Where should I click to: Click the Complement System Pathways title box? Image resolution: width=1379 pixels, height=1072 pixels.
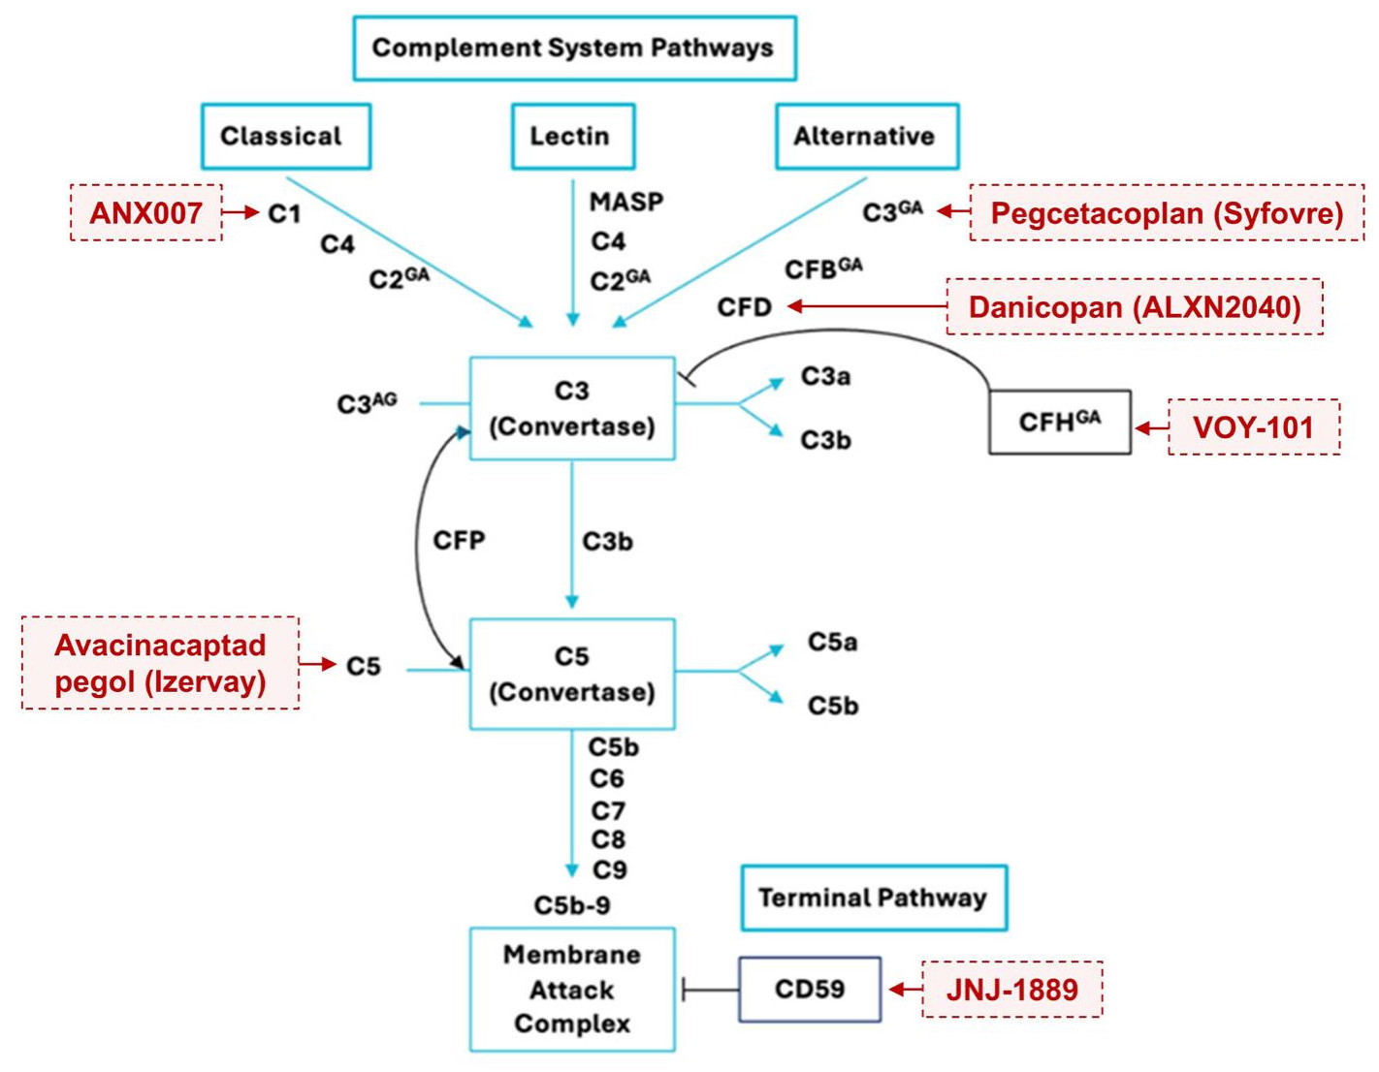tap(574, 47)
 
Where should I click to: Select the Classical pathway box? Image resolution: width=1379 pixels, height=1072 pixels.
tap(286, 137)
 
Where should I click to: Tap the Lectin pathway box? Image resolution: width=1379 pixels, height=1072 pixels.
tap(572, 137)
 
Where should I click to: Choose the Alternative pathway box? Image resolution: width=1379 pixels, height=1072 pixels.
tap(866, 137)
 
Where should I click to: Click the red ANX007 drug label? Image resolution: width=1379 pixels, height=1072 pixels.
tap(146, 212)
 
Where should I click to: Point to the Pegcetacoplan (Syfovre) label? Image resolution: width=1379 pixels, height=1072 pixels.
tap(1167, 212)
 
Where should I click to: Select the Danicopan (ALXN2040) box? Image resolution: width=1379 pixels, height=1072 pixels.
tap(1135, 307)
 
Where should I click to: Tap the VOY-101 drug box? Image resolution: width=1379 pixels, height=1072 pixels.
tap(1254, 427)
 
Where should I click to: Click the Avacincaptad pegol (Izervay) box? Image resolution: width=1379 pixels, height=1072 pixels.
tap(160, 663)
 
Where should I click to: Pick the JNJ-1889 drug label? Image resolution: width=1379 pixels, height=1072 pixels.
tap(1011, 990)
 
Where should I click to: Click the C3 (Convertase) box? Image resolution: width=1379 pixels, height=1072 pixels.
tap(572, 408)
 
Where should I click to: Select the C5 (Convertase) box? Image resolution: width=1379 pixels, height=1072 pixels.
tap(572, 674)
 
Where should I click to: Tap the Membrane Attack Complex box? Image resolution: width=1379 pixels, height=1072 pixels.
tap(572, 990)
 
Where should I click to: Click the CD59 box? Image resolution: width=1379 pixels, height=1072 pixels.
tap(810, 990)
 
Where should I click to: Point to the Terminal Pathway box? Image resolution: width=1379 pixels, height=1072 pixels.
tap(874, 899)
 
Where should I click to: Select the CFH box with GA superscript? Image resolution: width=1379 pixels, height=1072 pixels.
tap(1059, 423)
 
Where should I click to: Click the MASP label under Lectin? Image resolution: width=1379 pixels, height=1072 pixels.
tap(626, 203)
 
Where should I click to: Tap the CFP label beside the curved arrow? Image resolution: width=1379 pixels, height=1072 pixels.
tap(459, 541)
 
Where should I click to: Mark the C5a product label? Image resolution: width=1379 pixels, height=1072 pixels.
tap(832, 643)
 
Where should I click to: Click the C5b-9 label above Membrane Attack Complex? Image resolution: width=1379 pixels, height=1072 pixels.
tap(572, 905)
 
